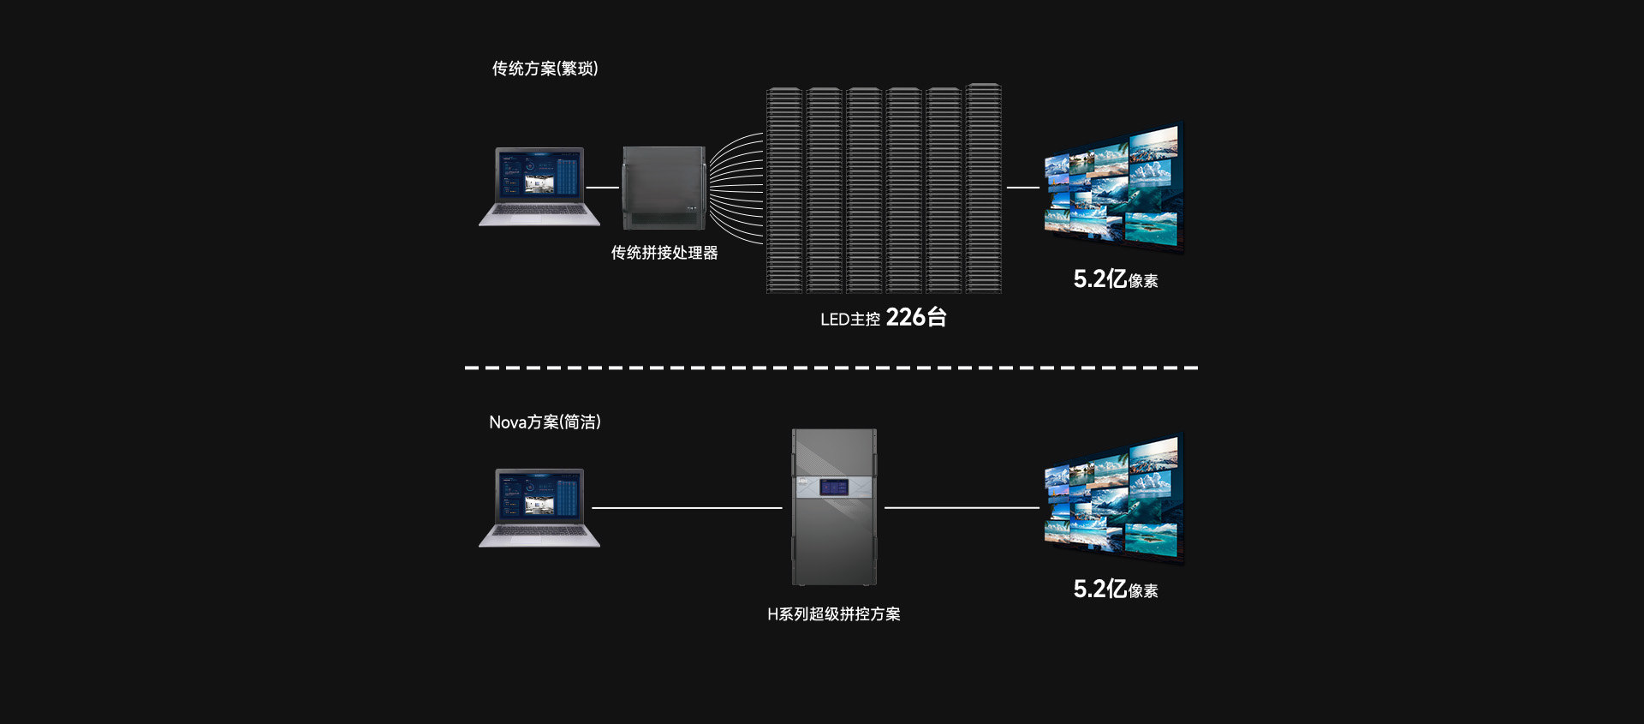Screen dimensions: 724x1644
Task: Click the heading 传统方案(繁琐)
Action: (x=545, y=69)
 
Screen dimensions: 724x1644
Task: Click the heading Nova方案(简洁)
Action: (x=545, y=422)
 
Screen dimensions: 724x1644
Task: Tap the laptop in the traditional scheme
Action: (x=539, y=186)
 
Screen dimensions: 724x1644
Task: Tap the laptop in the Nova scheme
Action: (x=539, y=507)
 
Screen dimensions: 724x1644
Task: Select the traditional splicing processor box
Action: (x=664, y=188)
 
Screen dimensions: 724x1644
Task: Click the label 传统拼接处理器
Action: (x=664, y=253)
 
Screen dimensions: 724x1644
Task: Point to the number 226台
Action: (x=916, y=318)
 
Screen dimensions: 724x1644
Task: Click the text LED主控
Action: (x=849, y=320)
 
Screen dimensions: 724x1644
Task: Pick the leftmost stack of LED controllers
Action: (x=784, y=189)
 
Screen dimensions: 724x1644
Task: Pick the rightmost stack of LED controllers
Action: (x=984, y=188)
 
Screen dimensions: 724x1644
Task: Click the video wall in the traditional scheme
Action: (x=1112, y=187)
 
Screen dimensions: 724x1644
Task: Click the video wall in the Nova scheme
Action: (x=1112, y=498)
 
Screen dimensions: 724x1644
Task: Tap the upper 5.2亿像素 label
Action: (x=1115, y=279)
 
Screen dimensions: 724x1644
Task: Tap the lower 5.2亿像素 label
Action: (x=1115, y=589)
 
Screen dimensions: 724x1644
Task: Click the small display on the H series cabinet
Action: (x=834, y=488)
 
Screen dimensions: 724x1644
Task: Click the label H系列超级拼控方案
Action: (x=833, y=614)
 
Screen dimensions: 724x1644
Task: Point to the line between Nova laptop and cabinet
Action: (x=687, y=508)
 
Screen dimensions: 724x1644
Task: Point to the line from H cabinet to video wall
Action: (x=962, y=508)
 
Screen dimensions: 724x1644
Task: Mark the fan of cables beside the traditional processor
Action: (x=736, y=188)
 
